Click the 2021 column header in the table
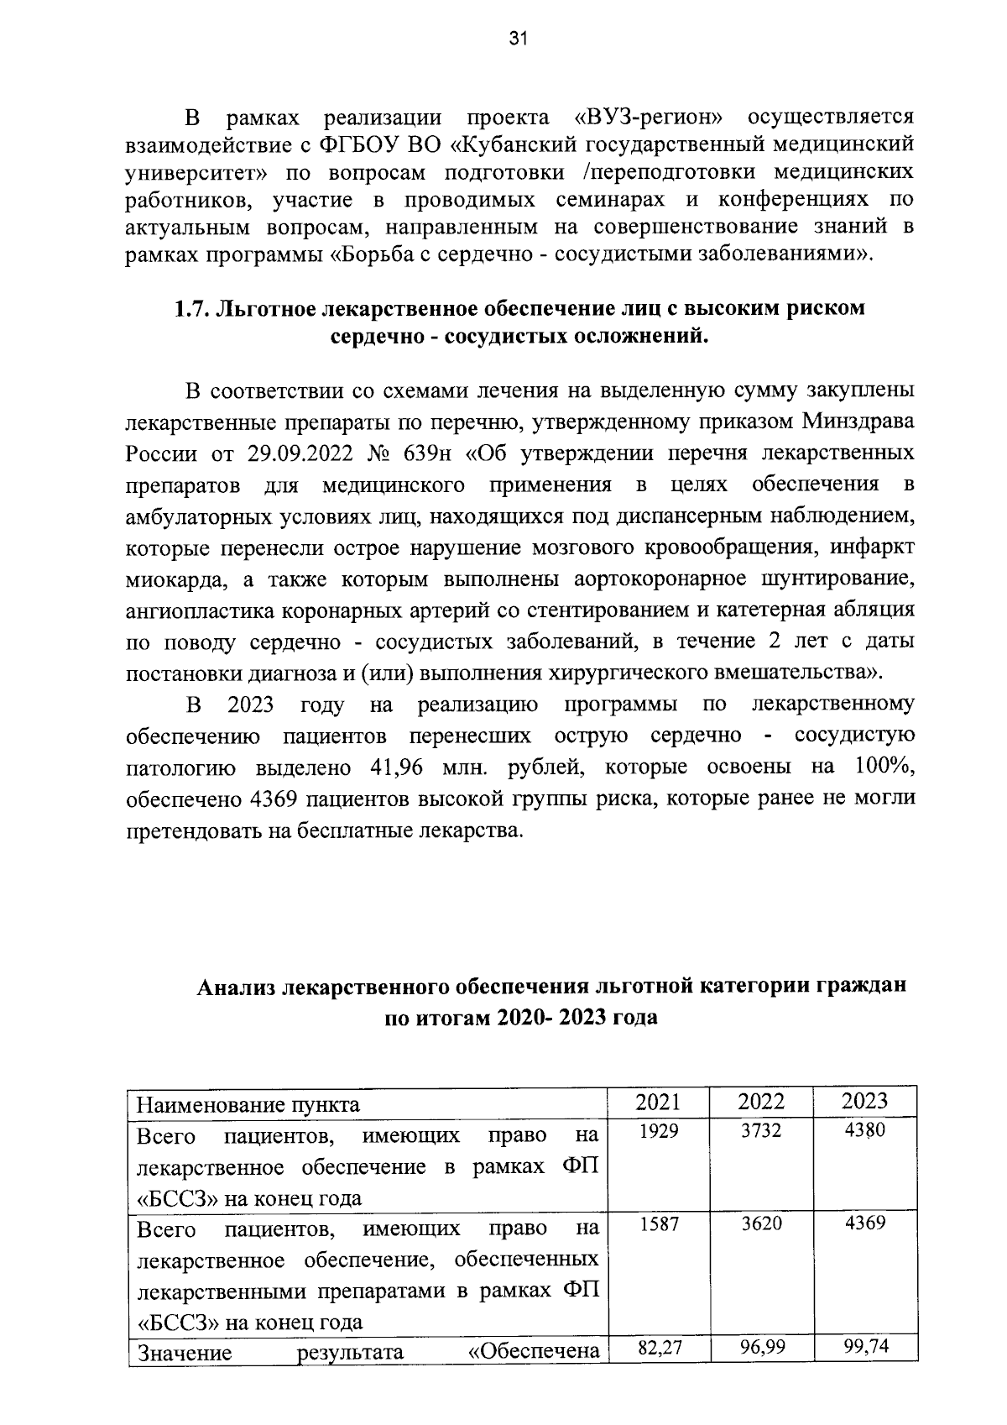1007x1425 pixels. click(x=658, y=1101)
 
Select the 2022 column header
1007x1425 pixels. click(x=761, y=1101)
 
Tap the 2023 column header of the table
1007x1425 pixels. click(x=864, y=1101)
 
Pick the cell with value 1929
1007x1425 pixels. click(x=658, y=1131)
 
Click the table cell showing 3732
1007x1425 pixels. click(x=761, y=1131)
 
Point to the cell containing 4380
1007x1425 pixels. click(x=864, y=1131)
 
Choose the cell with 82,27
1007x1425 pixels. click(x=660, y=1349)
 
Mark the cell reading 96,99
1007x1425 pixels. click(x=763, y=1349)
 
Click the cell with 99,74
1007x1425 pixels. click(x=865, y=1349)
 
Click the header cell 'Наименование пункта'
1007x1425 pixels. click(x=248, y=1103)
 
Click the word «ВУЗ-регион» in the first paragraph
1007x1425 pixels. click(x=650, y=114)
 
